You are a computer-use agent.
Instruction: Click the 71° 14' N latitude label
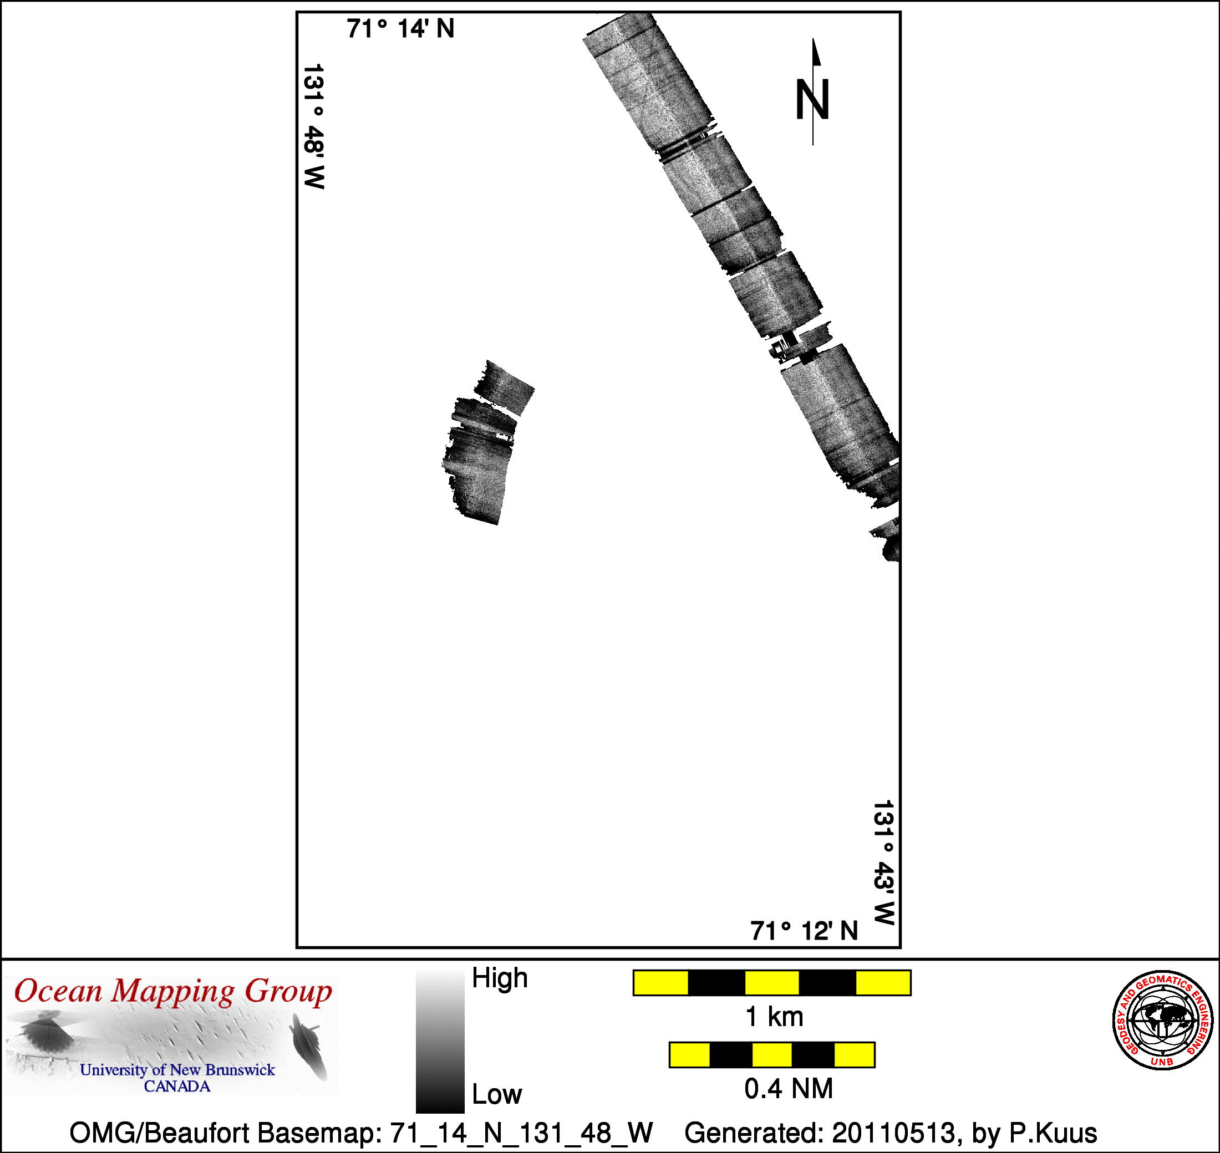(x=400, y=29)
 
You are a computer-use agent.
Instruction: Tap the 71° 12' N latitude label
(x=804, y=931)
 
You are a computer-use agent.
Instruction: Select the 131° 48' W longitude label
(x=314, y=126)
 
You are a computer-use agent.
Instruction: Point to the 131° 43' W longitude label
(x=883, y=863)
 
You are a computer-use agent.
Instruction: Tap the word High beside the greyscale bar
(x=499, y=978)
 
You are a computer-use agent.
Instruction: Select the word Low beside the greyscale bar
(x=497, y=1095)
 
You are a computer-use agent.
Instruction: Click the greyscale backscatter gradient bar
(x=440, y=1041)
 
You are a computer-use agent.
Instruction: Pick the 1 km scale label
(x=774, y=1017)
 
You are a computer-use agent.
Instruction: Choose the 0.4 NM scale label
(x=789, y=1089)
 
